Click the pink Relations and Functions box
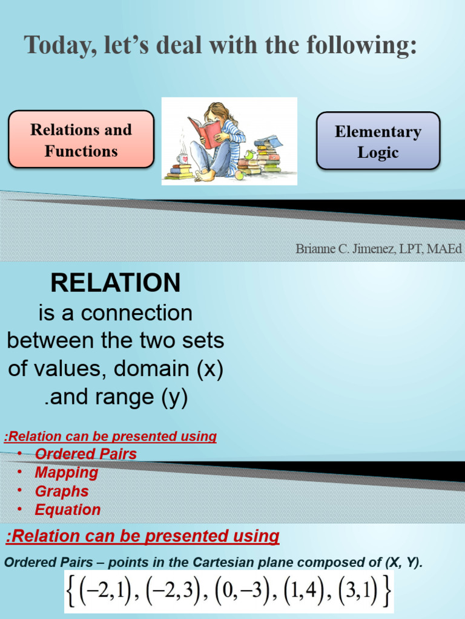[81, 140]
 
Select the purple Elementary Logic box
[378, 141]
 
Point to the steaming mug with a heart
[182, 158]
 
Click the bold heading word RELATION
[115, 283]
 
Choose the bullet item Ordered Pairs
[85, 454]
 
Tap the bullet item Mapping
[66, 473]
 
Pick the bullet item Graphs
[62, 491]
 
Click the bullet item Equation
[68, 510]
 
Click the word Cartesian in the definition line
[225, 563]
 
